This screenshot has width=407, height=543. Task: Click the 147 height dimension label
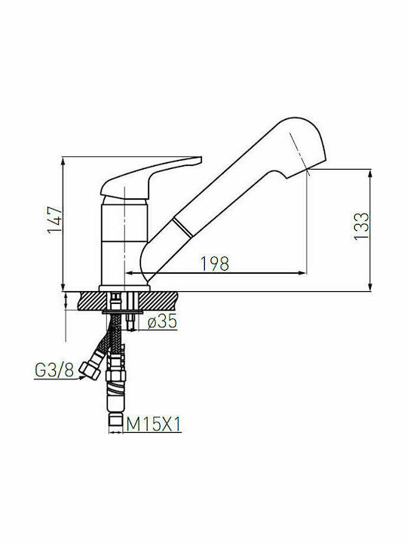(55, 220)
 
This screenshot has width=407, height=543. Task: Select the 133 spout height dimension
(361, 225)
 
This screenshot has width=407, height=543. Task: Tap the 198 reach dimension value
(215, 264)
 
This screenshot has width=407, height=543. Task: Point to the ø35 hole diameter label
(162, 321)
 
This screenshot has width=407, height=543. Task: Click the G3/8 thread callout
(54, 370)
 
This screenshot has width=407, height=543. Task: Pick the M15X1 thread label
(154, 424)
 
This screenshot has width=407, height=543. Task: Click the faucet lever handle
(151, 178)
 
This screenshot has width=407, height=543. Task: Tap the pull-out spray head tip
(304, 146)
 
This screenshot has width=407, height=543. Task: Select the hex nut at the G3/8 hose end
(89, 370)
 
